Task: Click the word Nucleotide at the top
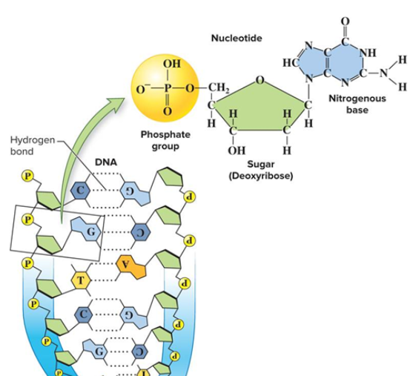click(x=231, y=37)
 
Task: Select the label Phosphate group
click(x=165, y=140)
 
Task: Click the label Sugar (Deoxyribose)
click(x=268, y=170)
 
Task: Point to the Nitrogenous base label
click(x=357, y=105)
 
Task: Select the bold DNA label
click(x=106, y=162)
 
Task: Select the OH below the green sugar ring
click(x=236, y=148)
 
